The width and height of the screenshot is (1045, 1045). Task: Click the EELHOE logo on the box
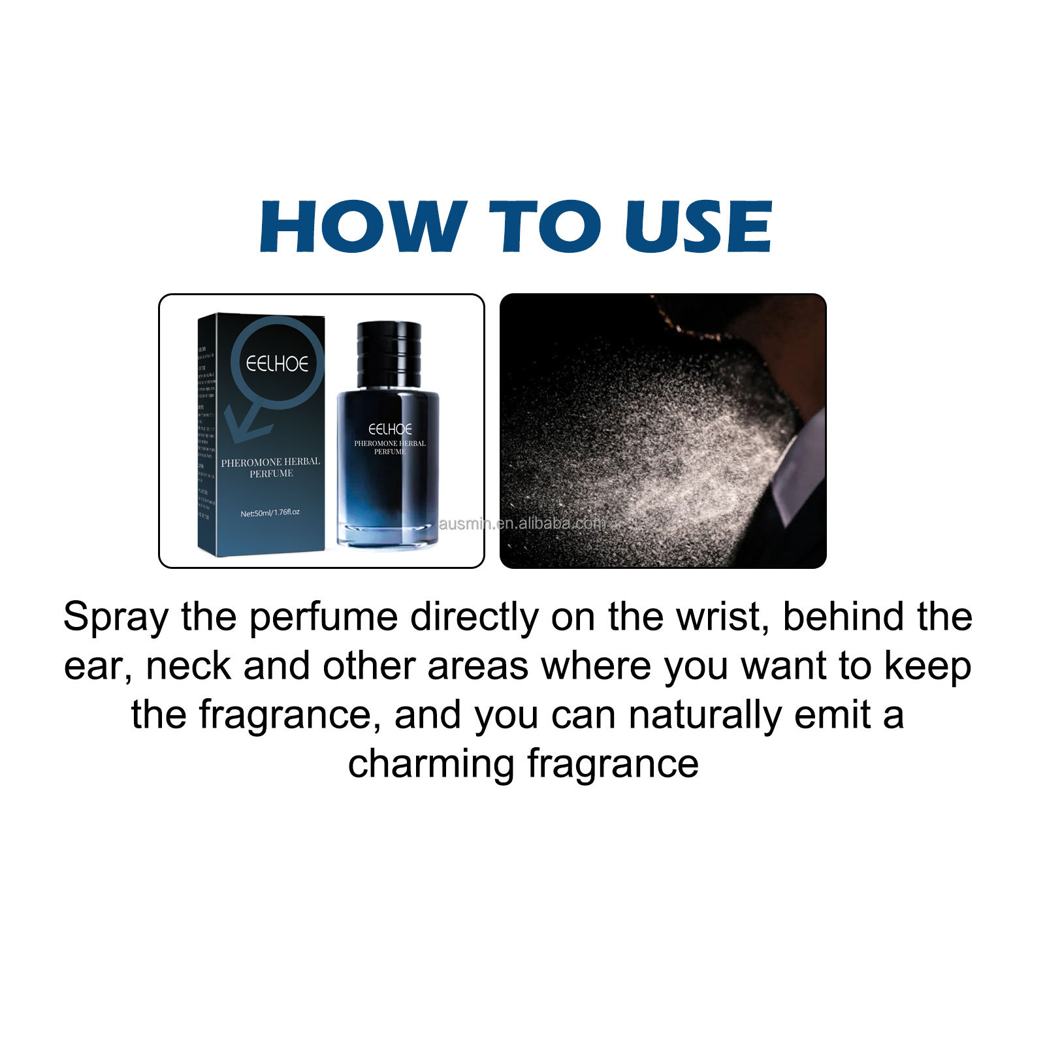click(x=277, y=364)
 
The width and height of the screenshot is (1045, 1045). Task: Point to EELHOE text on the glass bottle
click(x=390, y=429)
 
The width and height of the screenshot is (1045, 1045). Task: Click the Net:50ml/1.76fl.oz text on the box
click(x=270, y=513)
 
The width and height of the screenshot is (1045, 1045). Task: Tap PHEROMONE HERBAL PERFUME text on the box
click(x=270, y=467)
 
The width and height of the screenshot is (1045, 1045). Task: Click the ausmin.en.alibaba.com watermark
click(x=522, y=523)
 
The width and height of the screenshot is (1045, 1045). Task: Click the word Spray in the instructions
click(x=116, y=617)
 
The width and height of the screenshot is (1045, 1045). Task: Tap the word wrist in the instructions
click(x=721, y=617)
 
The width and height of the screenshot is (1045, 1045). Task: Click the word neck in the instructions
click(x=188, y=666)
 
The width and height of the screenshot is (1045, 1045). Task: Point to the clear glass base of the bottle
click(x=389, y=532)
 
